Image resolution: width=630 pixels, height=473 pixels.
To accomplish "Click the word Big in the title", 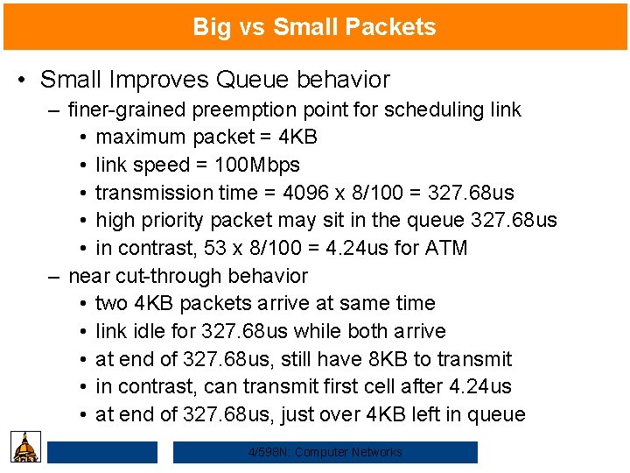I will coord(212,27).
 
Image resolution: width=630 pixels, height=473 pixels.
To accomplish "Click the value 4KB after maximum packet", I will coord(297,137).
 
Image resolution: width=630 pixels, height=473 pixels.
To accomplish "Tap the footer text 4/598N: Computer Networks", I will coord(325,452).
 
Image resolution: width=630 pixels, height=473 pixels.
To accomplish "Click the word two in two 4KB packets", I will coord(111,303).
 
